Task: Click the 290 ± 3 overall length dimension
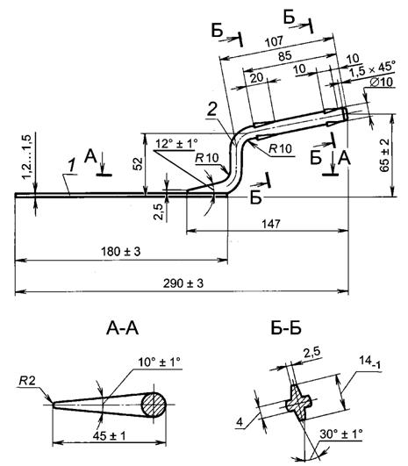[x=183, y=283]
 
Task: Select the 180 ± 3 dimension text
[x=121, y=251]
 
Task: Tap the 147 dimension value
[x=271, y=224]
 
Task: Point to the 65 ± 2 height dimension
[x=384, y=155]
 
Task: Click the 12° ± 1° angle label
[x=176, y=143]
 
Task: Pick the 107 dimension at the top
[x=274, y=41]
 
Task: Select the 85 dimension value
[x=284, y=55]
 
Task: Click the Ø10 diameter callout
[x=382, y=82]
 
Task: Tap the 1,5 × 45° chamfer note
[x=372, y=69]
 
